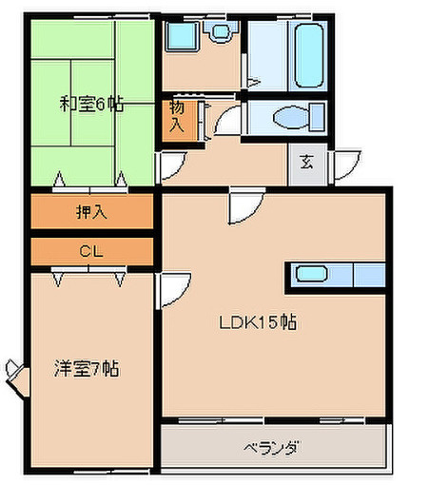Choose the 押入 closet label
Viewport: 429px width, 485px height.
tap(91, 211)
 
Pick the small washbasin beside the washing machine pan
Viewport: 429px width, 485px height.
tap(222, 31)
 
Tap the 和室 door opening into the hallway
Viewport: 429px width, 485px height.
tap(168, 167)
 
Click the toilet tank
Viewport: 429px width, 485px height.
tap(316, 120)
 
